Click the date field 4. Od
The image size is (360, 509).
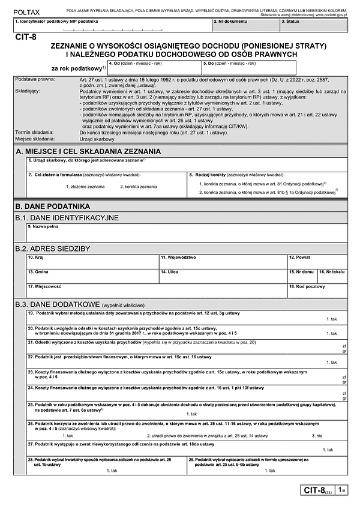tap(153, 67)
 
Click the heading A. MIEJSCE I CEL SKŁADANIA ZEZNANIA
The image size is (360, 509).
tap(88, 151)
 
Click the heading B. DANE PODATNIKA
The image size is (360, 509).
tap(56, 206)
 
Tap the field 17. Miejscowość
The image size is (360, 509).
tap(156, 291)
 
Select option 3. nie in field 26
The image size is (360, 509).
tap(319, 435)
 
